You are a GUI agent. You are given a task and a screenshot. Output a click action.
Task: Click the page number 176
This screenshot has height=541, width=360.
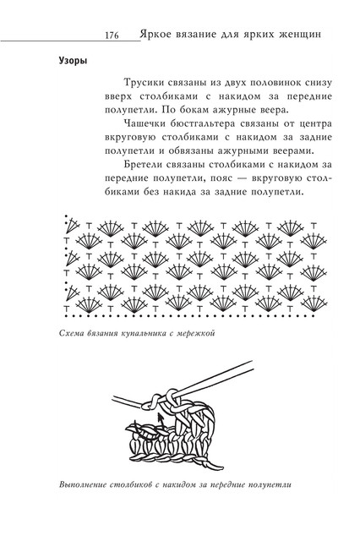click(x=112, y=36)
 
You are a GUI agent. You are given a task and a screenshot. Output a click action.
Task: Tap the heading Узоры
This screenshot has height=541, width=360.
click(x=73, y=61)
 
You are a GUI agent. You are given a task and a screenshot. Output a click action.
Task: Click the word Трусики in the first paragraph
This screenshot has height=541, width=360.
click(x=144, y=83)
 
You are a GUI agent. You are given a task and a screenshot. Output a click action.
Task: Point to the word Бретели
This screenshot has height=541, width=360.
click(x=143, y=165)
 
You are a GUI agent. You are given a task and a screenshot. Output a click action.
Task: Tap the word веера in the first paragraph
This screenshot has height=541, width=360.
click(x=274, y=111)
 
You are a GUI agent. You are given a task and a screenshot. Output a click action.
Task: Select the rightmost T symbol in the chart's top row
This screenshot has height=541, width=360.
click(x=314, y=226)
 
